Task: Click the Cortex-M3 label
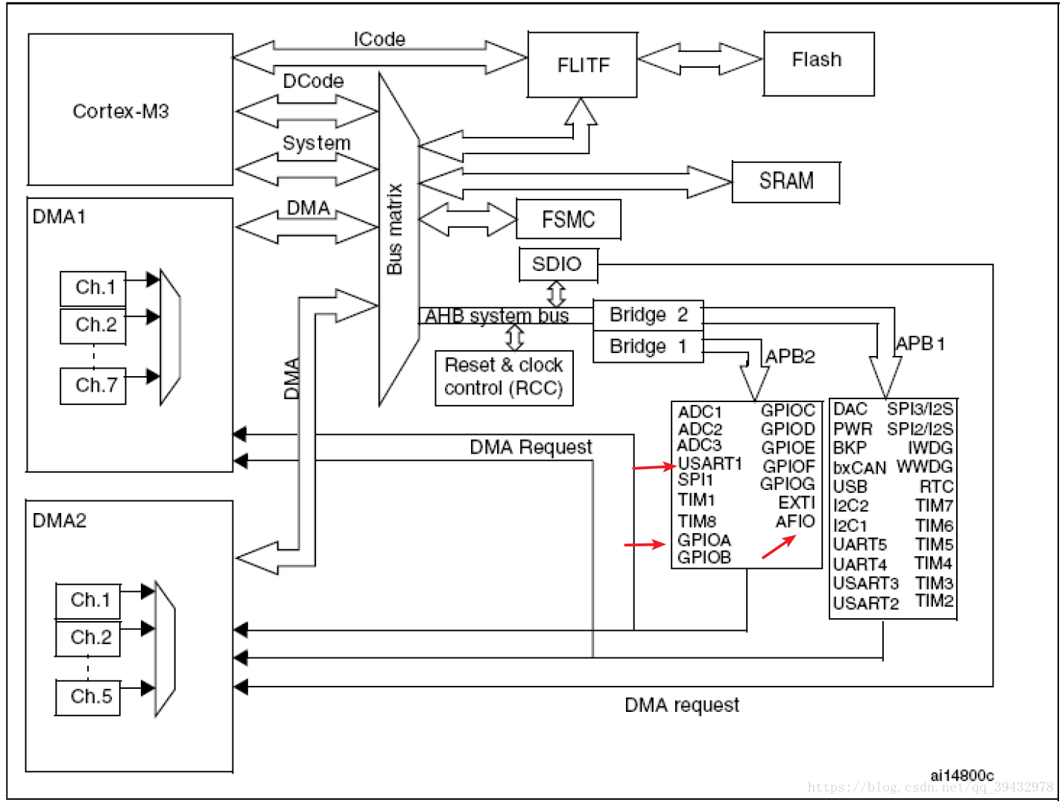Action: click(121, 112)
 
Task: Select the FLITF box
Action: click(583, 66)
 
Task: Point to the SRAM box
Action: click(786, 182)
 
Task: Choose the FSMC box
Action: click(568, 220)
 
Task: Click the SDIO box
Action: click(557, 264)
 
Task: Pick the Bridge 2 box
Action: click(648, 315)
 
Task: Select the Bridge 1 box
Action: click(648, 347)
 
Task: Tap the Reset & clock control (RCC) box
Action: click(504, 378)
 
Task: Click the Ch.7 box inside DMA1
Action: click(94, 386)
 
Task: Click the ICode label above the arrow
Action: click(379, 39)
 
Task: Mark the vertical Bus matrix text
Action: click(395, 229)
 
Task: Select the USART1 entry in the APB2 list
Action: click(709, 463)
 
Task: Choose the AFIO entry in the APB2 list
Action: click(795, 521)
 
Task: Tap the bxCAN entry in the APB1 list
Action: click(859, 468)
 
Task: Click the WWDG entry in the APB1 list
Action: click(924, 467)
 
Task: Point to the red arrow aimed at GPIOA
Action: click(644, 544)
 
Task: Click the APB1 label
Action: click(920, 344)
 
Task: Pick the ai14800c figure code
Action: click(961, 775)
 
